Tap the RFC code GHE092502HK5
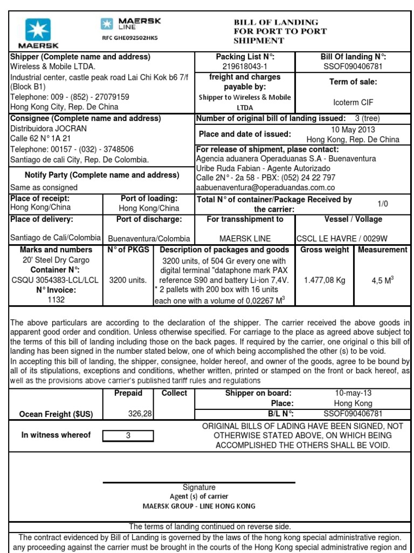coord(130,38)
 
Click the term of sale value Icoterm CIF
coord(353,102)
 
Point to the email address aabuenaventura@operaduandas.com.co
coord(265,187)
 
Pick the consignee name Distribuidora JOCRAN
coord(49,129)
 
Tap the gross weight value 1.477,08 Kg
coord(325,280)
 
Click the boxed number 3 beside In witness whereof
coord(128,435)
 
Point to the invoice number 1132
coord(56,299)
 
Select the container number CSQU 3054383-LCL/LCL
coord(55,280)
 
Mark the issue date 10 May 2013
coord(353,130)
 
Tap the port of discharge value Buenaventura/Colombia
coord(149,238)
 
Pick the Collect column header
coord(174,393)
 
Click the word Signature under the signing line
coord(199,487)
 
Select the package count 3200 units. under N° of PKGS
coord(128,280)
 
